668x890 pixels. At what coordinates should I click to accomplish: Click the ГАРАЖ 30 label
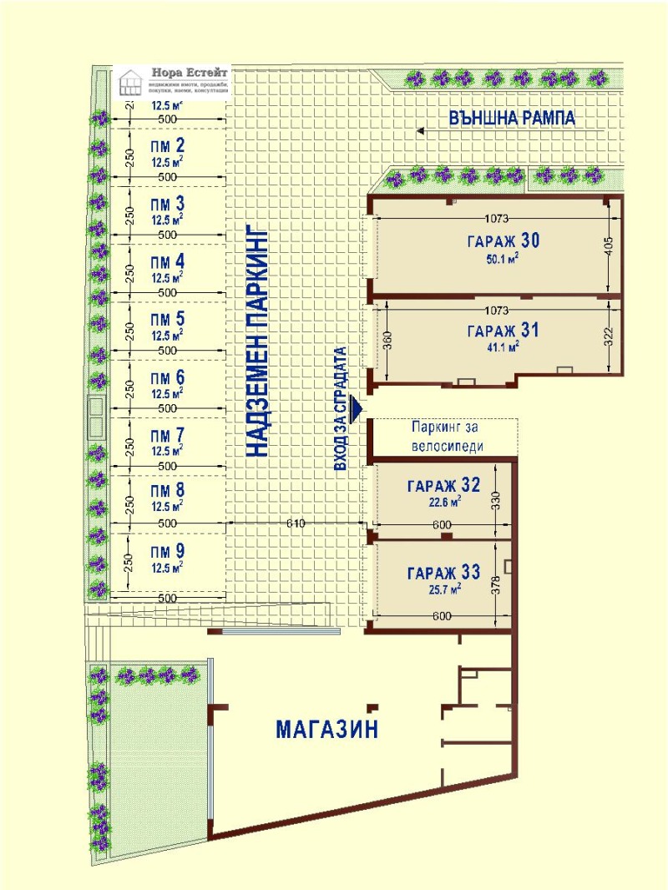504,241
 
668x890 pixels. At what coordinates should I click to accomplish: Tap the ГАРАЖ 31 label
503,330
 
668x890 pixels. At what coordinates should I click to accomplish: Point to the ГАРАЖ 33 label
443,573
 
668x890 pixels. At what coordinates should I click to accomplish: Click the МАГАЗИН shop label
327,729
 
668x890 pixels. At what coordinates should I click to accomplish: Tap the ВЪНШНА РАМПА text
512,118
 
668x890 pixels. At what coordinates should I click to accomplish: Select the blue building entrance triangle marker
357,408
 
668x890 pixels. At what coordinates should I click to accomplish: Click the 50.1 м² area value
504,259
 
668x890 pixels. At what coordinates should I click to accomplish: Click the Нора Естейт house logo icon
130,83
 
